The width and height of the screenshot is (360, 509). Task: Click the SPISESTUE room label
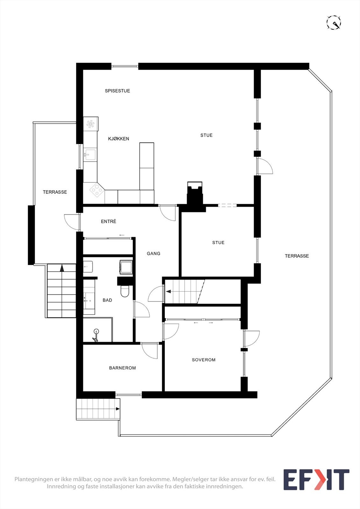pos(117,91)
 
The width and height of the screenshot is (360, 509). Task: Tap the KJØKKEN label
pos(118,139)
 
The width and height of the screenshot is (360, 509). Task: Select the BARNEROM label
pos(122,368)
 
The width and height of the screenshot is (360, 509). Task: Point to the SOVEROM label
pos(203,360)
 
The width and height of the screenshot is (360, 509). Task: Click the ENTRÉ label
pos(108,221)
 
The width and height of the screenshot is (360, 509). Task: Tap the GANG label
pos(153,254)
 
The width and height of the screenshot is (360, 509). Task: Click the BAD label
pos(107,300)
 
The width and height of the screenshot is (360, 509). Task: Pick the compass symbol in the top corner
pos(334,23)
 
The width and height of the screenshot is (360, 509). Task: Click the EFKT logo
pos(316,479)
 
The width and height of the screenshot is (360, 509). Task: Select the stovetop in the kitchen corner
pos(97,190)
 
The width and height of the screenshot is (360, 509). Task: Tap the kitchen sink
pos(89,155)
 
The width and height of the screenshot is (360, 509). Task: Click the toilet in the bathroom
pos(125,291)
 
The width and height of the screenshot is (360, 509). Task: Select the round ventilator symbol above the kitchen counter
pos(90,124)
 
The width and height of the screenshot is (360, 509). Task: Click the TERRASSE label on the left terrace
pos(55,192)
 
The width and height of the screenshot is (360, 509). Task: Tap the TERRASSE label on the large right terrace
pos(297,256)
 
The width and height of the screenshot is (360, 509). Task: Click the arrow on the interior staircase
pos(168,291)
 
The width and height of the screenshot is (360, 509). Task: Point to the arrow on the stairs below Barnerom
pos(117,409)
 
